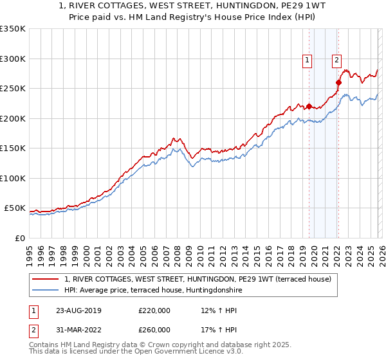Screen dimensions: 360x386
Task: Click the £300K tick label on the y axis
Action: point(13,59)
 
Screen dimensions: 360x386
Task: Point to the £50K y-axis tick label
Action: point(15,208)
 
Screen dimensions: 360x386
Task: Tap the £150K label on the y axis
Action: point(13,148)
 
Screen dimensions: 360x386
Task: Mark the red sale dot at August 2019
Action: point(309,107)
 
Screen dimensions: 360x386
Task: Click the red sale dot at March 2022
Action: point(338,82)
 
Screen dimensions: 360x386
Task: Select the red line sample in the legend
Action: point(46,279)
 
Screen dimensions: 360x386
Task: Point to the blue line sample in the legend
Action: point(46,290)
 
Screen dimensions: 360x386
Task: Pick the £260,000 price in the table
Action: point(154,330)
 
